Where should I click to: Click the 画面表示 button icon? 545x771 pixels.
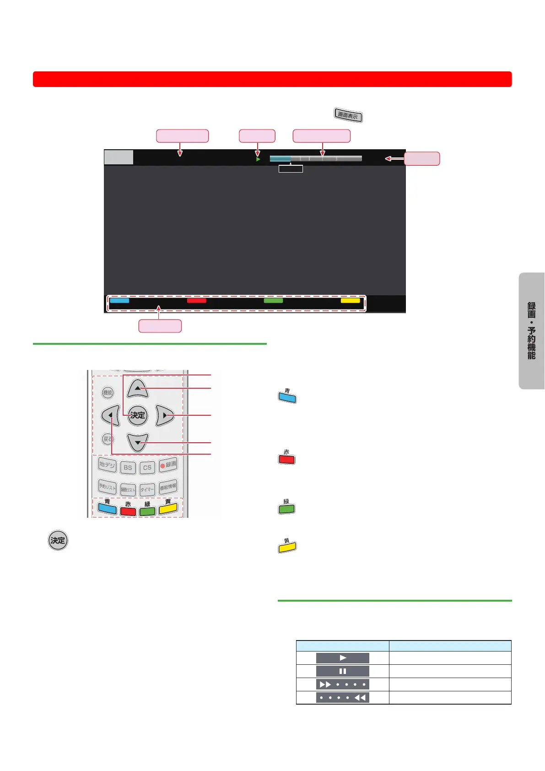coord(348,115)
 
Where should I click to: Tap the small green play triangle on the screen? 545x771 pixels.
coord(258,159)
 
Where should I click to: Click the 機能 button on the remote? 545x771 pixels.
coord(108,392)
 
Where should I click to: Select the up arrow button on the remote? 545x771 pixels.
coord(138,388)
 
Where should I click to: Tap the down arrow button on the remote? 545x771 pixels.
coord(138,442)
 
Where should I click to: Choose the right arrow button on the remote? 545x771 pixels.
coord(165,415)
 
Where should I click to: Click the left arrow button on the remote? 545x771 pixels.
coord(110,415)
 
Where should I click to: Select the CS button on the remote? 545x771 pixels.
coord(147,467)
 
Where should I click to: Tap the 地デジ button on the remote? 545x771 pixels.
coord(108,465)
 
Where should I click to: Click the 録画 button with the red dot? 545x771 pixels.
coord(168,465)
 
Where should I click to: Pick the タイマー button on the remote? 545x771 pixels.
coord(147,489)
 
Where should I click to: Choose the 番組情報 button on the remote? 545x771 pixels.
coord(168,487)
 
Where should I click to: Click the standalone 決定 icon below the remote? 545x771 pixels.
coord(58,540)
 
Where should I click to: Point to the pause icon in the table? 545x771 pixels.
coord(342,671)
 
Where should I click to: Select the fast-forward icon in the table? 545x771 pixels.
coord(342,684)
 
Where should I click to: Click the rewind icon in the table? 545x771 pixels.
coord(342,698)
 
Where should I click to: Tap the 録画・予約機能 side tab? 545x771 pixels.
coord(531,331)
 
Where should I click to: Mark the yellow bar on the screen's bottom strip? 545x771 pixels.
coord(350,301)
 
